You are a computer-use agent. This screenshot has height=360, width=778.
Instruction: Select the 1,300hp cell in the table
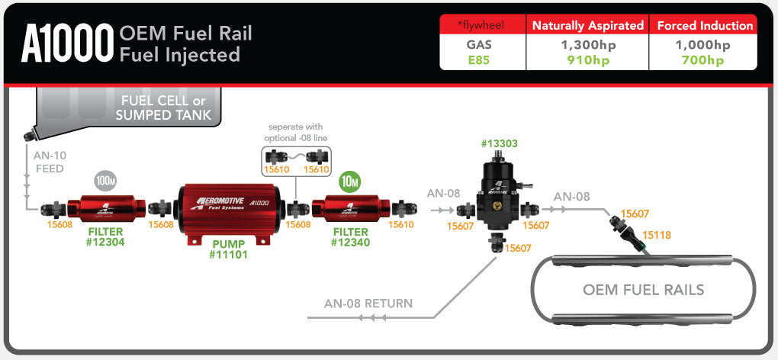tap(587, 45)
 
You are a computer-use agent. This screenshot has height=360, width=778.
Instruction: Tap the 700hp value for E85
tap(702, 60)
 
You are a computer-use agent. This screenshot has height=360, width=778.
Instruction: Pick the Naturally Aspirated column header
tap(587, 25)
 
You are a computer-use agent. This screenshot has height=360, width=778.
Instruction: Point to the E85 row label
tap(478, 60)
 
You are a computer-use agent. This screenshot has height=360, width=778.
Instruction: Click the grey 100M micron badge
tap(105, 181)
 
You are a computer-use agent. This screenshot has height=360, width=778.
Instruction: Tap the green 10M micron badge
tap(349, 181)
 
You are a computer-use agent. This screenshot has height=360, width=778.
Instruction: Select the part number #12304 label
tap(105, 242)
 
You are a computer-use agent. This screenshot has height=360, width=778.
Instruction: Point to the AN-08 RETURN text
tap(368, 304)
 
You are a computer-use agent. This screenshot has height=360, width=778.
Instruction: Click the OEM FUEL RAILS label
tap(643, 290)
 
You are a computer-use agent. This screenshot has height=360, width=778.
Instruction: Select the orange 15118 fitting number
tap(657, 236)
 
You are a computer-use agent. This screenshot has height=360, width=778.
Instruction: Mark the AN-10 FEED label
tap(49, 162)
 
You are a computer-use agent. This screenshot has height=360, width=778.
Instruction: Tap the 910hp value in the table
tap(587, 60)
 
